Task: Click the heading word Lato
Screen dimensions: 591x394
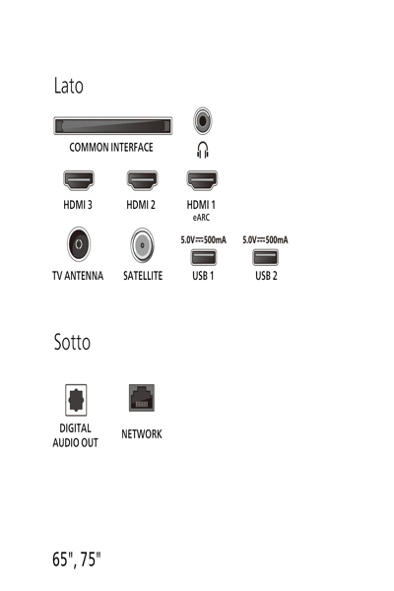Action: click(x=68, y=87)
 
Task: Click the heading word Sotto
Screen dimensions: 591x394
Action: click(x=72, y=343)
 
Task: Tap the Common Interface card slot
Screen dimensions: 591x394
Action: click(x=112, y=125)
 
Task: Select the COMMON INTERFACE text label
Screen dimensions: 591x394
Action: click(x=111, y=148)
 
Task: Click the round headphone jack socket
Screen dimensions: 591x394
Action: click(x=203, y=122)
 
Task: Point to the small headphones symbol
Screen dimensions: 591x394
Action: click(x=203, y=150)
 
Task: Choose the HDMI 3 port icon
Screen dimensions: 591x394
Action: click(x=78, y=181)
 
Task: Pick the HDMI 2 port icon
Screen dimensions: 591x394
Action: click(x=141, y=181)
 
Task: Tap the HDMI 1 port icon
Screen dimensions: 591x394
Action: click(x=202, y=181)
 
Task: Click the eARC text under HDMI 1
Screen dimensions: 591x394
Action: click(x=202, y=218)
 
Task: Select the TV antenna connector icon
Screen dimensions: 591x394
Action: click(x=77, y=244)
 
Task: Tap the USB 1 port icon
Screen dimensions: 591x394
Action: click(x=203, y=257)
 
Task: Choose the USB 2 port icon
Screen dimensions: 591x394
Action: click(x=266, y=257)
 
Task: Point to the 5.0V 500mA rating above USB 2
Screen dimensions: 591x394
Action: click(x=266, y=239)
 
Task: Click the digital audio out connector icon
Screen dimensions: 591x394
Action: click(x=75, y=399)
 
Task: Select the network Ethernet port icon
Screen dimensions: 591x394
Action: click(x=141, y=398)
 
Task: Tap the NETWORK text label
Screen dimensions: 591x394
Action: click(x=141, y=434)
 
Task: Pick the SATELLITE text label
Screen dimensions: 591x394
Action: click(x=143, y=277)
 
